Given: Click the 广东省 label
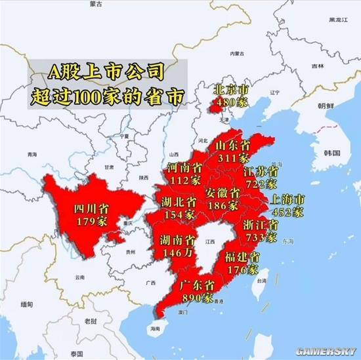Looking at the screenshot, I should (x=198, y=286).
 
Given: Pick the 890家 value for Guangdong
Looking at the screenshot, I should (x=198, y=298).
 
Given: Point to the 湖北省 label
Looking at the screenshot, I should (x=179, y=201).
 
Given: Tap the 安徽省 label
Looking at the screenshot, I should (x=222, y=193).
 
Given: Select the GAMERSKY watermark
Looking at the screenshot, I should (x=327, y=350).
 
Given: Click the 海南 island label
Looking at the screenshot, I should (x=155, y=328).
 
